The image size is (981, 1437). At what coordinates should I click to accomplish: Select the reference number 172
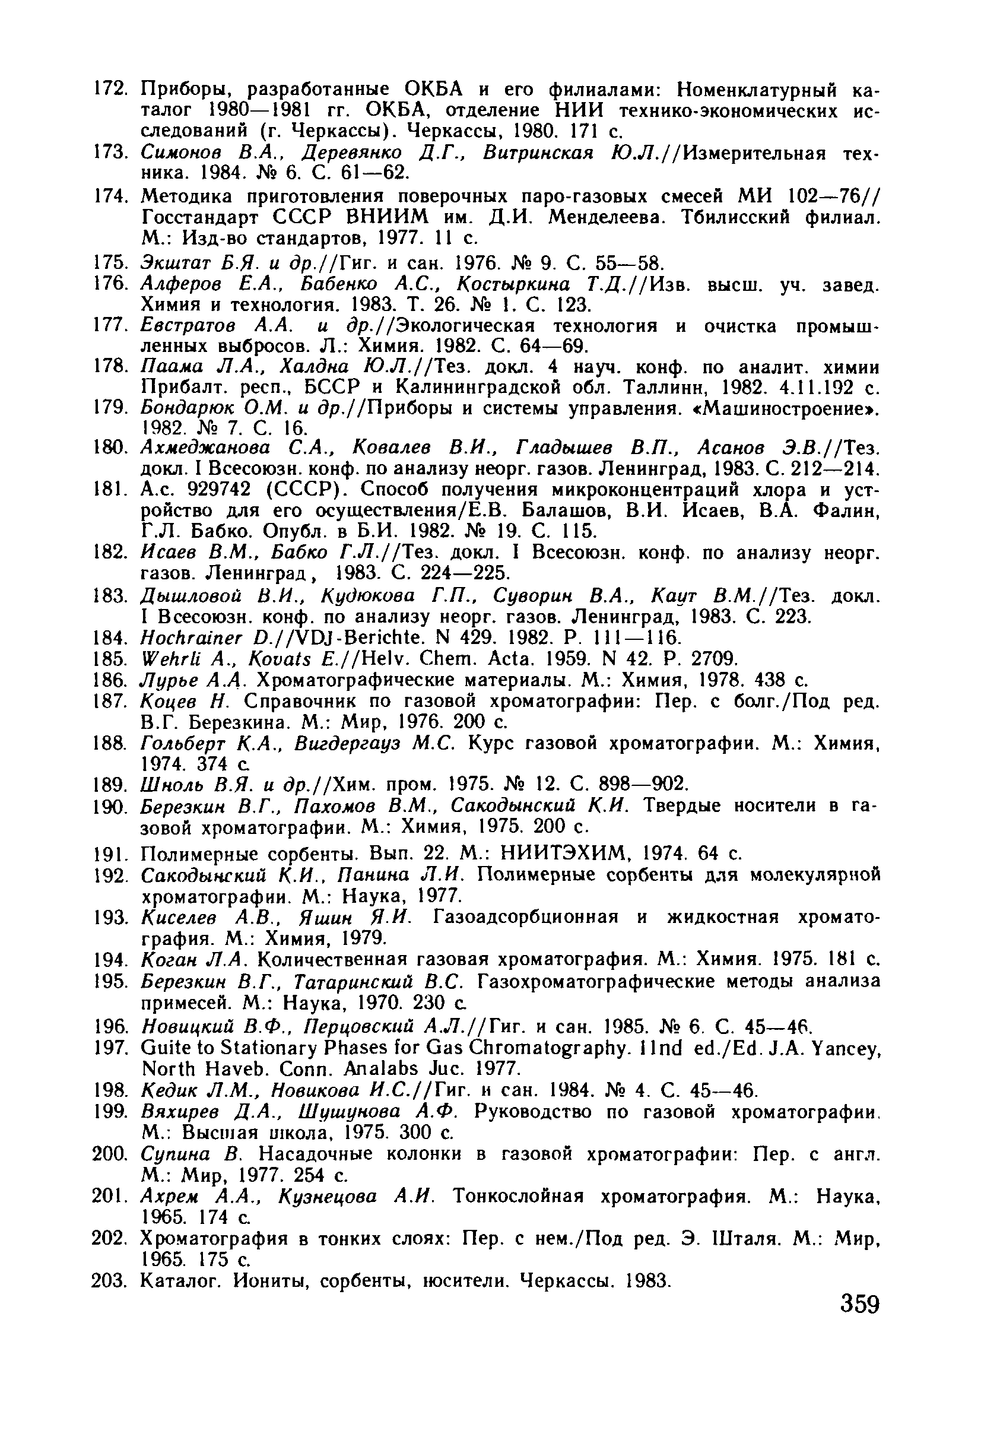point(109,90)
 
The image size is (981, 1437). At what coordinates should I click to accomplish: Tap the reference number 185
point(109,658)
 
